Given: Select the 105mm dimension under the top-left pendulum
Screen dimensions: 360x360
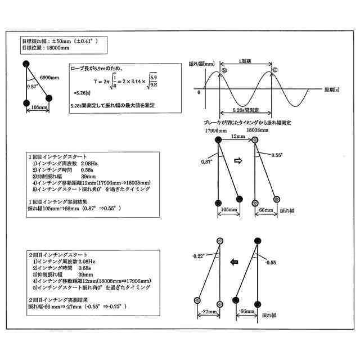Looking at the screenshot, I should [38, 107].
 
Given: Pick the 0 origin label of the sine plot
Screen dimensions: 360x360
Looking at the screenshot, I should [199, 93].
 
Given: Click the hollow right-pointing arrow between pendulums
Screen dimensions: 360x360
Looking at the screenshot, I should [237, 160].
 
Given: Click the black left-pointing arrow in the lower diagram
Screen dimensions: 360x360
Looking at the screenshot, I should [235, 261].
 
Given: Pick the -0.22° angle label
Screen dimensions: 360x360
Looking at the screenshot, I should [197, 256].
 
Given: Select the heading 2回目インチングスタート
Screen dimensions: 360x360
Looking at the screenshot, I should [58, 255].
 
